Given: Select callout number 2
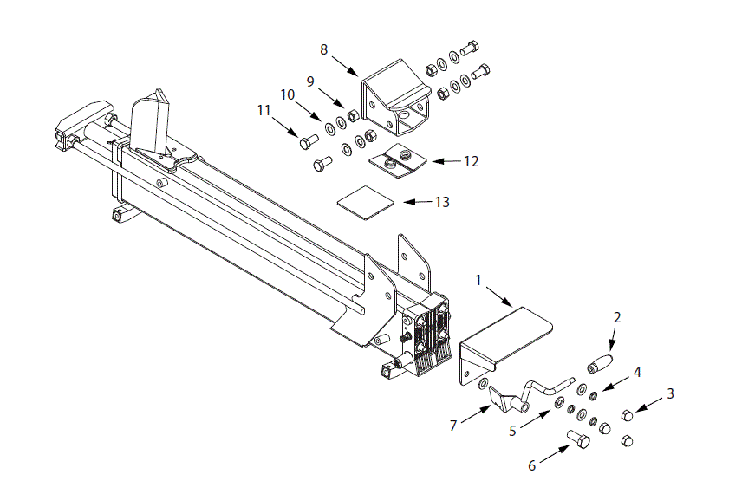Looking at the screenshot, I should click(x=617, y=318).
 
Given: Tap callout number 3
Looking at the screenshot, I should click(x=669, y=393).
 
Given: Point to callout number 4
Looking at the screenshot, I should click(x=636, y=373).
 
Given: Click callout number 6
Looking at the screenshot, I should click(x=532, y=465).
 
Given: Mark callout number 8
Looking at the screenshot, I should click(x=324, y=49).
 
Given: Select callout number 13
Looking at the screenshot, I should click(x=287, y=94).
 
